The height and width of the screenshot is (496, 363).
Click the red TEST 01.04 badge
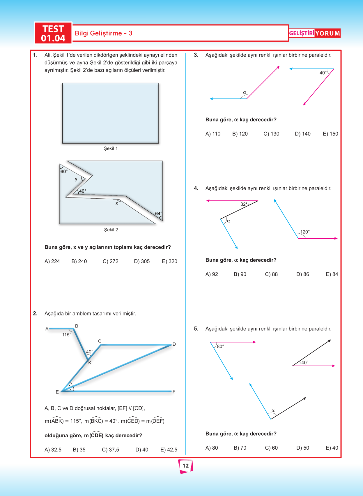point(53,33)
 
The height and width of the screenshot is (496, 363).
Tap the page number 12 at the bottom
point(186,466)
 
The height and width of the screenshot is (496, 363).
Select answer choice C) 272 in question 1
point(110,261)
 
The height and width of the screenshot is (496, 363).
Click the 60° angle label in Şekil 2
point(64,172)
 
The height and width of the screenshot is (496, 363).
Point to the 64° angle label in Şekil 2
point(158,214)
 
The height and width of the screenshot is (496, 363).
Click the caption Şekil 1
point(111,149)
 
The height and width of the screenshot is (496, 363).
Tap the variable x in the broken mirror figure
point(117,203)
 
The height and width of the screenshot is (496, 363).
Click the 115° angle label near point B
point(67,335)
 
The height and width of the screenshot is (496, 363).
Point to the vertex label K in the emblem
point(90,363)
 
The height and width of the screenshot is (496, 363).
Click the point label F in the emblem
point(174,392)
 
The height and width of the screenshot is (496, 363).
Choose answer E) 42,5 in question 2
point(169,450)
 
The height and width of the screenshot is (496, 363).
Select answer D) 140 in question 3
point(303,134)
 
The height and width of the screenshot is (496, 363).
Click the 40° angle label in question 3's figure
point(323,73)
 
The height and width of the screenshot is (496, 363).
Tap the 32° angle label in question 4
point(244,204)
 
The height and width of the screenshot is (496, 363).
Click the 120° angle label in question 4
point(305,232)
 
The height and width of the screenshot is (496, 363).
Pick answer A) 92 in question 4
point(212,274)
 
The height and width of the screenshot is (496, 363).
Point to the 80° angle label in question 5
point(220,347)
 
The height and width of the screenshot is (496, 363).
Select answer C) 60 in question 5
point(271,448)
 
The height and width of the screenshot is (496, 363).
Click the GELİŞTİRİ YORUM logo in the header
point(314,33)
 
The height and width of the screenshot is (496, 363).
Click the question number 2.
point(35,314)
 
